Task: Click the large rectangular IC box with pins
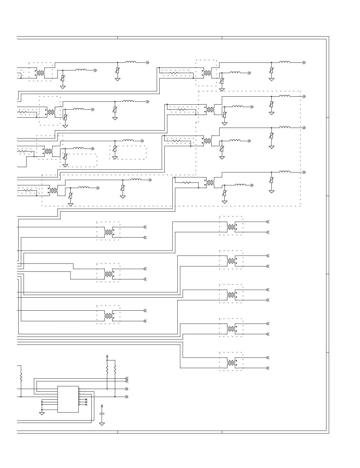pos(68,399)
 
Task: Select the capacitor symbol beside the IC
pos(102,414)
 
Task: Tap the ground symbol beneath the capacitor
pos(102,424)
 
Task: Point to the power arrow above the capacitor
pos(102,406)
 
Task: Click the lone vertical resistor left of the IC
pos(21,377)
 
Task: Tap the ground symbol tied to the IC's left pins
pos(42,413)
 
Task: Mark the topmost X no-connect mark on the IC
pos(86,399)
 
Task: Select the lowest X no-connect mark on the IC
pos(86,405)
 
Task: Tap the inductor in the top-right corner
pos(285,62)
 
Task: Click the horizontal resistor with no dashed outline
pos(187,183)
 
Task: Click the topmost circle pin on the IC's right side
pos(79,389)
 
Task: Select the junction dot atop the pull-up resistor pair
pos(107,360)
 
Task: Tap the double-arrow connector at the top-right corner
pos(304,62)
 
